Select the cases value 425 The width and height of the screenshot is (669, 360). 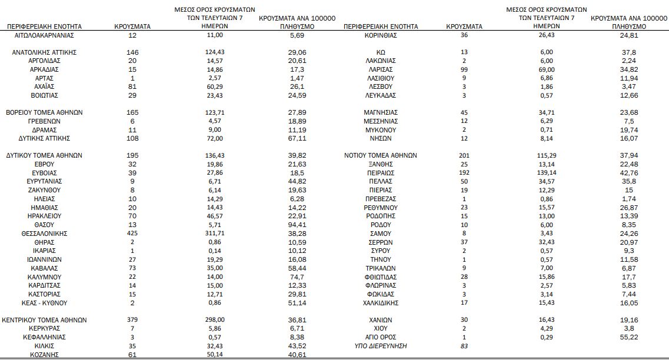[x=132, y=234]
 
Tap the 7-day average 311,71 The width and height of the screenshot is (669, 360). [x=215, y=234]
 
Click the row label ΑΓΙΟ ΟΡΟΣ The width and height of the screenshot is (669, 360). [x=381, y=337]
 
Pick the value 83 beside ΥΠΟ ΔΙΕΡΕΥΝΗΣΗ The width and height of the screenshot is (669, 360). [x=464, y=346]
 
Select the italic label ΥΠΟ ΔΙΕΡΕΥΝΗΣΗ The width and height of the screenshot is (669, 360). [x=381, y=346]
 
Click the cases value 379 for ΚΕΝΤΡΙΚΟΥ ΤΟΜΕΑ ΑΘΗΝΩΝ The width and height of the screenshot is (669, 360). [x=132, y=320]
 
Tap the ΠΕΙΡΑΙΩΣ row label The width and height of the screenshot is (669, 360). [x=381, y=174]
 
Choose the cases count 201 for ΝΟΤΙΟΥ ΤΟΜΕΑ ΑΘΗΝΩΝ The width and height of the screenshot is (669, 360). [x=464, y=155]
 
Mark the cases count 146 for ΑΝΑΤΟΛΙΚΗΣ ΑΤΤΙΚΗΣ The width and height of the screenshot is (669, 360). [x=132, y=52]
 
